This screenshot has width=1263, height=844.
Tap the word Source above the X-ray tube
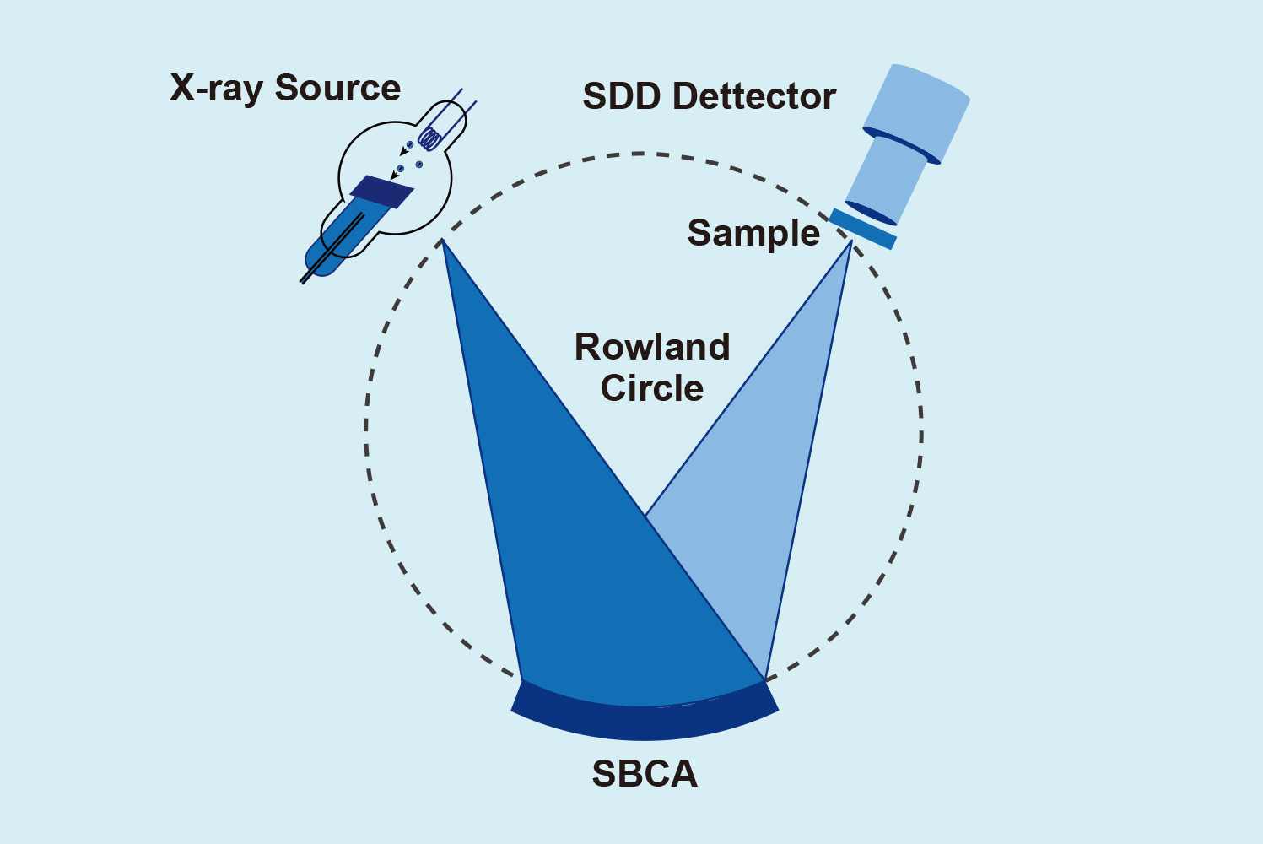[x=337, y=88]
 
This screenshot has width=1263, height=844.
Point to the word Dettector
[x=754, y=96]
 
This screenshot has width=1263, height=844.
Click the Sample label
[x=753, y=232]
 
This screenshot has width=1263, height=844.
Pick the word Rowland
[x=652, y=347]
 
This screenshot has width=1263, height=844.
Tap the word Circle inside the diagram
[x=652, y=388]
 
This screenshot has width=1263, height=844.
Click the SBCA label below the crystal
[x=645, y=774]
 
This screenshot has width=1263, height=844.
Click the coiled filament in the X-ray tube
[x=430, y=138]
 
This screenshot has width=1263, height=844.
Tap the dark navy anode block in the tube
[x=381, y=192]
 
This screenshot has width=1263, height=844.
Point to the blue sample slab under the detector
[x=862, y=229]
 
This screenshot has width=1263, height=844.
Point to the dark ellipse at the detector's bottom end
[x=870, y=213]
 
